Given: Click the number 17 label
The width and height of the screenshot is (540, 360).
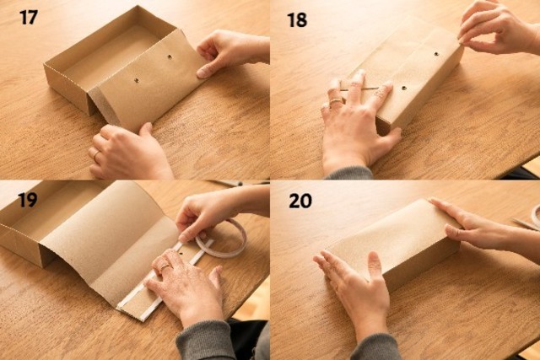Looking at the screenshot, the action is [28, 18].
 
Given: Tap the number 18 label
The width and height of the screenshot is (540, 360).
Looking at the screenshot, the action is [297, 20].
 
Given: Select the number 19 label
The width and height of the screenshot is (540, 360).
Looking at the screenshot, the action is [28, 200].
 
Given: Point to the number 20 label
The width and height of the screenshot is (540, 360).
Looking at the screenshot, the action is [300, 201].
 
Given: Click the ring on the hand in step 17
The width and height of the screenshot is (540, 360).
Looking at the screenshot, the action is [95, 156].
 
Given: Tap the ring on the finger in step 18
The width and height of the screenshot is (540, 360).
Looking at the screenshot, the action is [336, 101].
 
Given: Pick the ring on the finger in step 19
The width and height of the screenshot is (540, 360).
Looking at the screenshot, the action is [165, 266].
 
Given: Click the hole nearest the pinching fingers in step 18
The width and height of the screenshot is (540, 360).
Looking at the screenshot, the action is [436, 54].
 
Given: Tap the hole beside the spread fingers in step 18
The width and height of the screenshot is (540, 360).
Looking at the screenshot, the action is [404, 89].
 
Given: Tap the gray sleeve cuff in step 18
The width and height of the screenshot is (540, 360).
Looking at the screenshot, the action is [348, 173].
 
